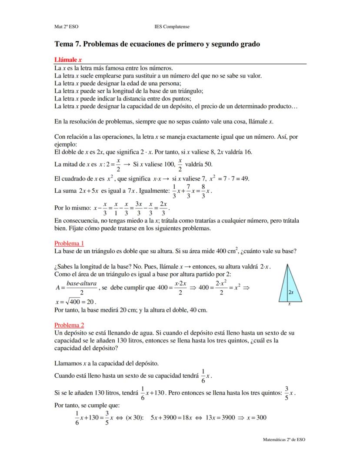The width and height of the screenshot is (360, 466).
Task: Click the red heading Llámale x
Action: click(68, 60)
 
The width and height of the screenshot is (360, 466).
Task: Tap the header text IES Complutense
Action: click(172, 27)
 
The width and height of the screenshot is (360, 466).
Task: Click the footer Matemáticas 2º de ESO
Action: click(284, 439)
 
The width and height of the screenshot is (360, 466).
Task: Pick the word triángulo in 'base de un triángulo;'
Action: click(190, 91)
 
